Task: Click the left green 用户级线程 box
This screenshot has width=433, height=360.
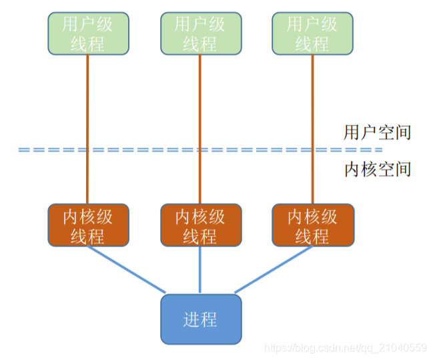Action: pos(88,33)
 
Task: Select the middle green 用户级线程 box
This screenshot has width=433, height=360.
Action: pos(200,33)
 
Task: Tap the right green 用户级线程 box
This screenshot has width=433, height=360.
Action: pos(312,33)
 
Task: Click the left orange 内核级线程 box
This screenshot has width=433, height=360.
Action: pos(88,226)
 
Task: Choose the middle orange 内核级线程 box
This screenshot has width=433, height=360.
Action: pos(200,226)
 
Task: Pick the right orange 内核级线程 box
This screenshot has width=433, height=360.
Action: pos(312,226)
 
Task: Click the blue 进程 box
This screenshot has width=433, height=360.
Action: pos(200,319)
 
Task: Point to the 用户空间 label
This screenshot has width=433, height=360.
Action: pos(377,132)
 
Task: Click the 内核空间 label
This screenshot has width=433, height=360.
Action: pos(377,169)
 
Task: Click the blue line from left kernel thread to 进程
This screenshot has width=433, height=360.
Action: pos(127,270)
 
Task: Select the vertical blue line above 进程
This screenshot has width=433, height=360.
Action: pos(200,271)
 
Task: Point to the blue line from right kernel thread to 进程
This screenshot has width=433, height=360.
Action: pos(274,270)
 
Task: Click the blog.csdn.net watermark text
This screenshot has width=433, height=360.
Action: pos(346,347)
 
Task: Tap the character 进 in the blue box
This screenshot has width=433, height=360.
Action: pos(191,319)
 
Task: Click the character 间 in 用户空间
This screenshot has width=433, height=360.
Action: pos(402,132)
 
